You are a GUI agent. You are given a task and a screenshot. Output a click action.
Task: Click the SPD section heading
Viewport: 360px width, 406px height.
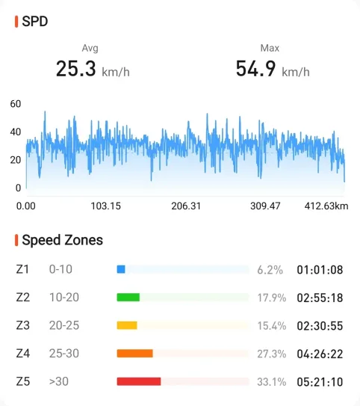click(34, 21)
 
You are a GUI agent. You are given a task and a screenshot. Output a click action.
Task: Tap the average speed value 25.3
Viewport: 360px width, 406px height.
click(75, 69)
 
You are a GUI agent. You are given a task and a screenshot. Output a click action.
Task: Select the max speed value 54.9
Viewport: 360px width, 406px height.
click(255, 69)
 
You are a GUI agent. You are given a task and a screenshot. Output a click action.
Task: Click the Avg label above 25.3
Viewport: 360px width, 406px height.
click(90, 48)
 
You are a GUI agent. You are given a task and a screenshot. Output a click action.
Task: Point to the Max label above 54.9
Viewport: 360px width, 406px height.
click(270, 48)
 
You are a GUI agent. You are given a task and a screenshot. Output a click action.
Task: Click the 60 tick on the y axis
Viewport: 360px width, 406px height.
click(16, 104)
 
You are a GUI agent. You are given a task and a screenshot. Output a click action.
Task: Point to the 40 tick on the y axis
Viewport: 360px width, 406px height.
click(16, 132)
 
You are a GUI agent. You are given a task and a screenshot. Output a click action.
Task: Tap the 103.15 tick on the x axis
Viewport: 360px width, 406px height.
click(105, 206)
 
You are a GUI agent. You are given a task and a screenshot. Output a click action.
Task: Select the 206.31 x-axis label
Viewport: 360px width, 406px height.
click(186, 206)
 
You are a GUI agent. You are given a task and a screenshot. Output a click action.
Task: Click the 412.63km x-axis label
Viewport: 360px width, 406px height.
click(326, 206)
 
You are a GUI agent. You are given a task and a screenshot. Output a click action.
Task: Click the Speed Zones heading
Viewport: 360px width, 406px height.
click(62, 240)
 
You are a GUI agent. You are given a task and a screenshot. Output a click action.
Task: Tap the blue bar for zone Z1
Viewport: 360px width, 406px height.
click(121, 269)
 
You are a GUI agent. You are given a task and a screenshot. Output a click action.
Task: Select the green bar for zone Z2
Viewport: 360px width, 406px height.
click(128, 298)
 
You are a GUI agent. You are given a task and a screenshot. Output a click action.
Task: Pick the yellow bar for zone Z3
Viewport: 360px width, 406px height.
click(127, 325)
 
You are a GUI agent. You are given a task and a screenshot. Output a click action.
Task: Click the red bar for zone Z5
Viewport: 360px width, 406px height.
click(139, 381)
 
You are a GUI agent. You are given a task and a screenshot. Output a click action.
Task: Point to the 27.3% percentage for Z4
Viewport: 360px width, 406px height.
click(272, 354)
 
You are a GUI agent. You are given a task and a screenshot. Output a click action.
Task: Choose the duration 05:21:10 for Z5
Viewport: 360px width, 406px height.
click(320, 382)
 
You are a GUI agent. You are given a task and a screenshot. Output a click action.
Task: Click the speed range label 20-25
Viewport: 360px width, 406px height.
click(64, 325)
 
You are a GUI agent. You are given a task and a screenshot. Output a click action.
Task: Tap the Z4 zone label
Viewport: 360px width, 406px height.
click(22, 354)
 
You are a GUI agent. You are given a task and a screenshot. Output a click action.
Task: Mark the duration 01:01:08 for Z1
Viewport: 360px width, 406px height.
click(320, 270)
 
